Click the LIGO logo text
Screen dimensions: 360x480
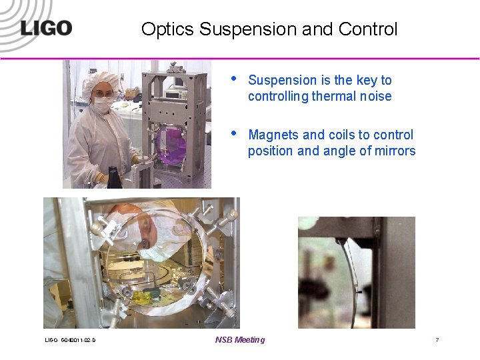click(x=45, y=28)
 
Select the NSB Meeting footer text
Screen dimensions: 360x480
click(x=240, y=340)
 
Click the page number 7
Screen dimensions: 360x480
click(x=437, y=340)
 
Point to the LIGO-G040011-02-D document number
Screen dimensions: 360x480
click(x=70, y=341)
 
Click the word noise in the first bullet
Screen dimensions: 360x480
click(x=375, y=96)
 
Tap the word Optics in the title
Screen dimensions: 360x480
click(x=168, y=30)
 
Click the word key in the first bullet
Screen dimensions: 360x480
click(x=367, y=80)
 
